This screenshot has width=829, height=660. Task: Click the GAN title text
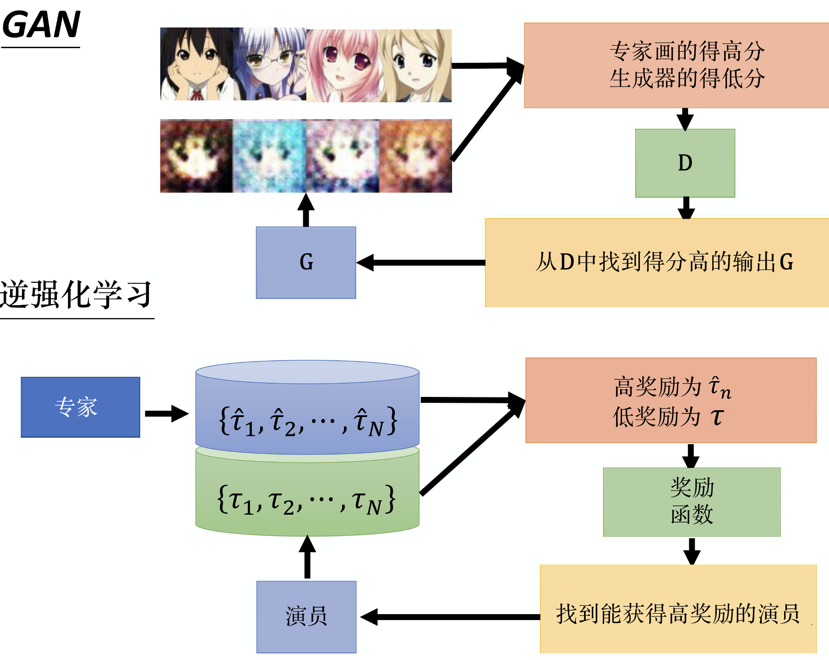(41, 25)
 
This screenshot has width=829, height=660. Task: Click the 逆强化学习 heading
(76, 294)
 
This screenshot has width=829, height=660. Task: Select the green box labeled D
(685, 163)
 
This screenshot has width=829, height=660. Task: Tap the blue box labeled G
(306, 263)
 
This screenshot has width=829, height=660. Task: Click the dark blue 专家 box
(80, 407)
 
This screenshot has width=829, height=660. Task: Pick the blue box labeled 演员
(306, 616)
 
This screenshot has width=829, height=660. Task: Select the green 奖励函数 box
(692, 501)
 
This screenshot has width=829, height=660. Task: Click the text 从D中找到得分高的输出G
(664, 262)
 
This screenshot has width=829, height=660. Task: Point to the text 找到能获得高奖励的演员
(678, 614)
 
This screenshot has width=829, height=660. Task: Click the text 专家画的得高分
(687, 51)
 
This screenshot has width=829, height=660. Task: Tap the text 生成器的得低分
(687, 78)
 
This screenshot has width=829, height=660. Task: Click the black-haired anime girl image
(196, 64)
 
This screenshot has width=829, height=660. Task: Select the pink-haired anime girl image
(343, 66)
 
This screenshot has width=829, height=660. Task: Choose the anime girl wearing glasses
(270, 64)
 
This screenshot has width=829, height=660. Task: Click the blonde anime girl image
(415, 66)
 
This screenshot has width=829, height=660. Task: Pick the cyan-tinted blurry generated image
(270, 156)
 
